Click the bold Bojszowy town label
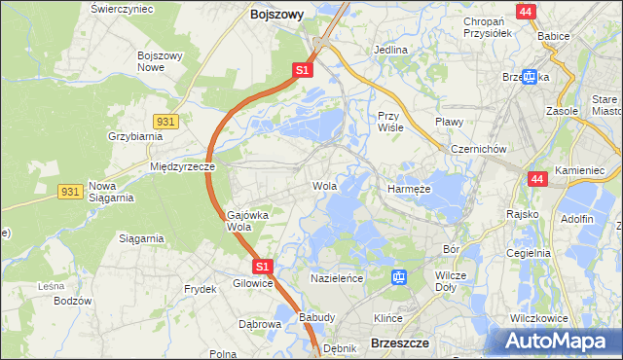coord(276,15)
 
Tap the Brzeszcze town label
coord(400,342)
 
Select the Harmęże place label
coord(409,189)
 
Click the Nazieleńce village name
coord(337,278)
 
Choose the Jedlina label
coord(390,49)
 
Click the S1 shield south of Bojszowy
coord(302,70)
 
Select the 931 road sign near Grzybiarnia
coord(165,120)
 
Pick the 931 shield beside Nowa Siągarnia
coord(69,193)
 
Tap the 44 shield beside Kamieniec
coord(537,179)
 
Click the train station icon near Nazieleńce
coord(399,277)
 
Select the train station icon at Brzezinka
coord(530,77)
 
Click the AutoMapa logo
coord(556,341)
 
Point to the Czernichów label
coord(478,149)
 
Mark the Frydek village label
coord(200,289)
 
